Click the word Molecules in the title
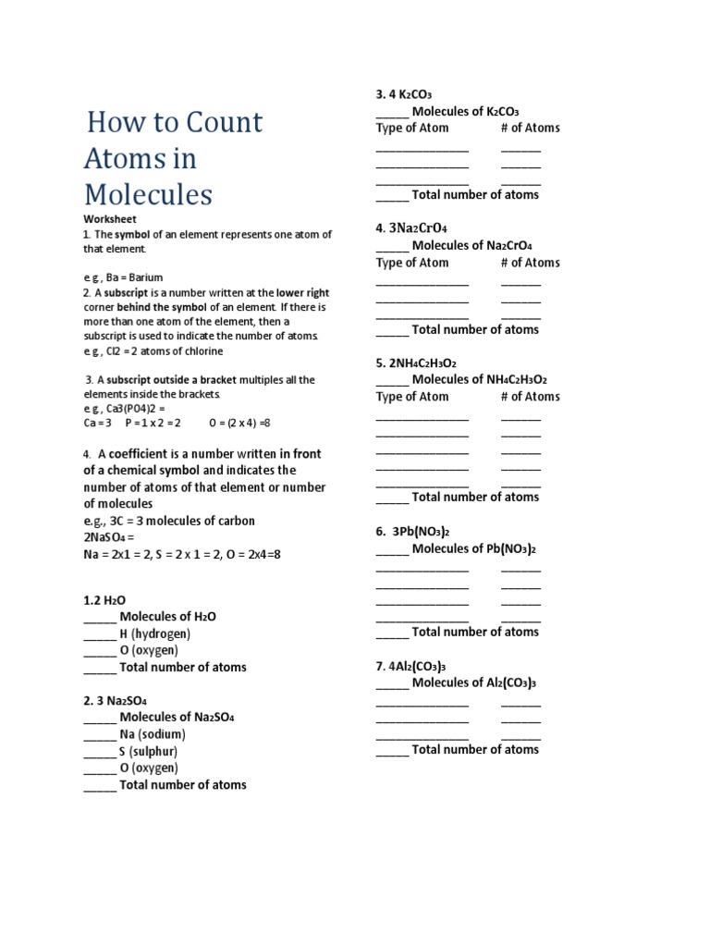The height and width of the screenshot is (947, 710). (x=148, y=195)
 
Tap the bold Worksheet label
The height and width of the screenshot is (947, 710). (x=110, y=219)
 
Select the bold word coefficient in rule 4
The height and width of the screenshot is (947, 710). (x=142, y=454)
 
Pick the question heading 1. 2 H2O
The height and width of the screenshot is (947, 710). (x=104, y=600)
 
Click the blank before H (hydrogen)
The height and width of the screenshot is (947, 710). (x=100, y=634)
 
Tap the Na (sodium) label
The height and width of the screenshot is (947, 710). (x=153, y=734)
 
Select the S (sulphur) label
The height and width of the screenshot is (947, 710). (x=149, y=751)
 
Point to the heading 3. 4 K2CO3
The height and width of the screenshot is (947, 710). (x=404, y=94)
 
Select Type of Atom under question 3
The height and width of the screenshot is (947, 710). (x=412, y=129)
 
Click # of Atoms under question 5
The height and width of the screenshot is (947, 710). (x=530, y=397)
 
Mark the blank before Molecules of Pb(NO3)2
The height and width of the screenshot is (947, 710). (x=392, y=549)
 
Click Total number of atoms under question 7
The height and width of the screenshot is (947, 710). (x=475, y=750)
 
